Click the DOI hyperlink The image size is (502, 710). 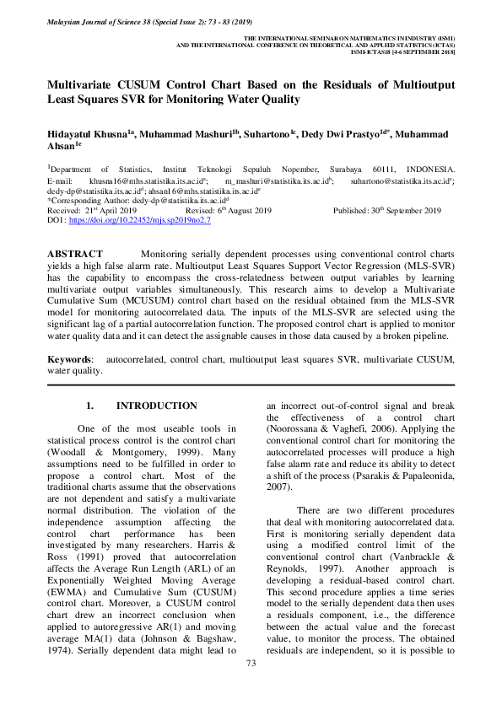pos(140,219)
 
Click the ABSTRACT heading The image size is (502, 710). pos(75,254)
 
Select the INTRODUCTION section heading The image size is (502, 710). pos(157,406)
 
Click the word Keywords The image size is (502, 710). pos(69,359)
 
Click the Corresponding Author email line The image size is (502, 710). pos(138,201)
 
